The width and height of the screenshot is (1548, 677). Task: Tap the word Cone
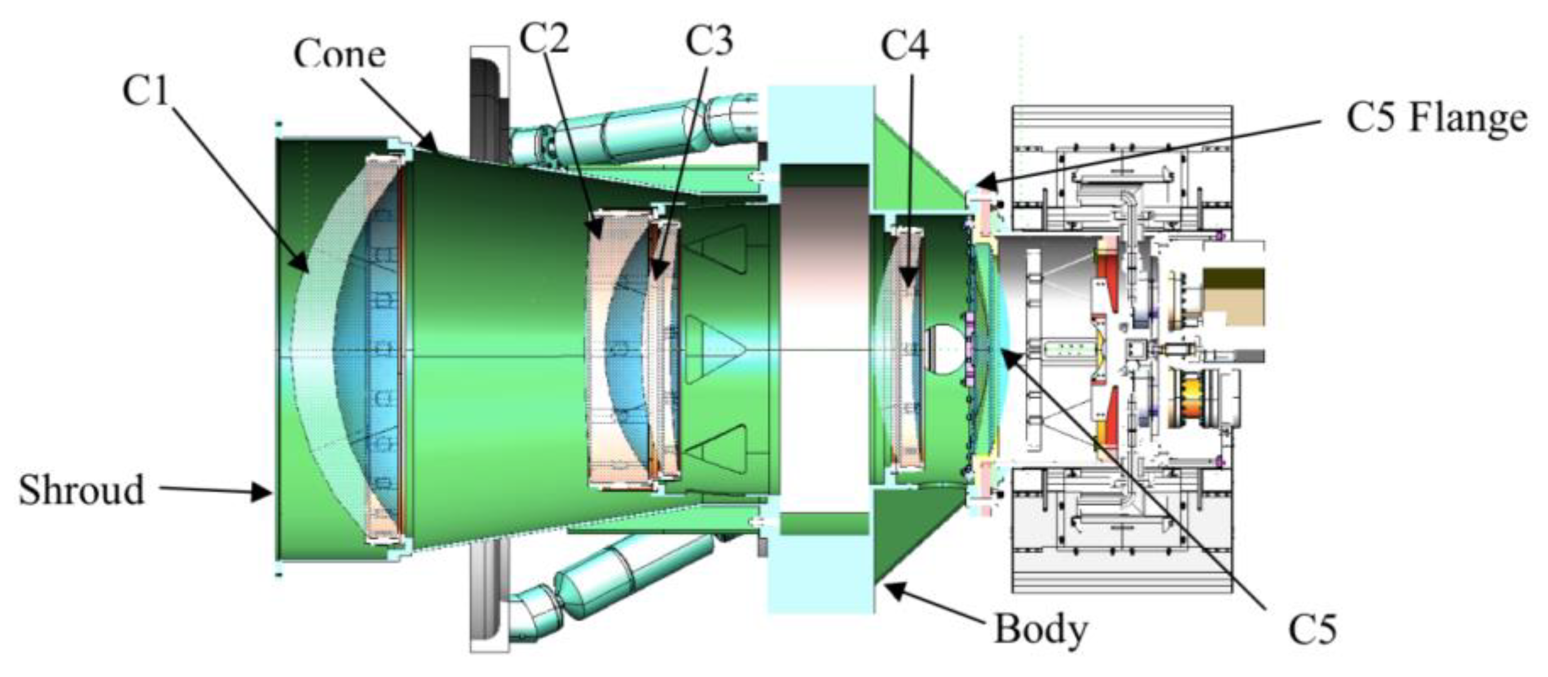pyautogui.click(x=340, y=55)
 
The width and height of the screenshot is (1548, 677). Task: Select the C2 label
pyautogui.click(x=543, y=37)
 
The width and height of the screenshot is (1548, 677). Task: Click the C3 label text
pyautogui.click(x=709, y=41)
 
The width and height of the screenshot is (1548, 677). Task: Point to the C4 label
pyautogui.click(x=904, y=45)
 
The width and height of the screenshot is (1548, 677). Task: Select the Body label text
pyautogui.click(x=1040, y=629)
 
